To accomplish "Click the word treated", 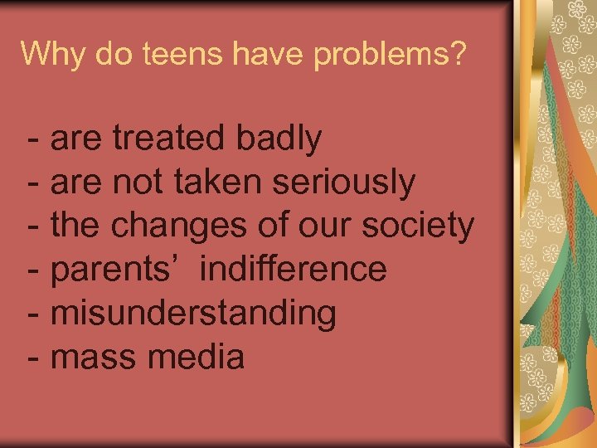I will tap(169, 138).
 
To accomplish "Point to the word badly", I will tap(279, 138).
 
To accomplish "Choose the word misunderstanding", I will tap(193, 314).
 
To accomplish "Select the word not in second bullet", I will tap(138, 183).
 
